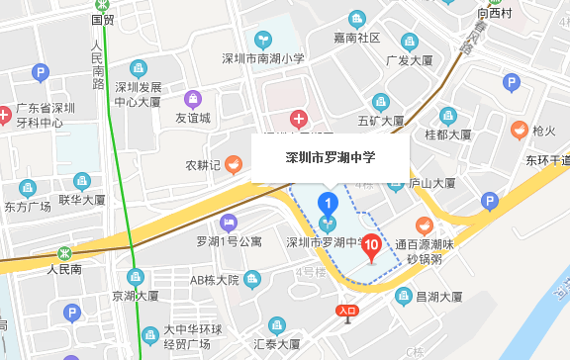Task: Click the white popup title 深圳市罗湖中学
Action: click(331, 158)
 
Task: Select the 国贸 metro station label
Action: click(103, 19)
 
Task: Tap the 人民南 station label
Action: click(68, 268)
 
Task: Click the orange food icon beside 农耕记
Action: click(233, 164)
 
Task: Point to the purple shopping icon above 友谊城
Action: click(192, 99)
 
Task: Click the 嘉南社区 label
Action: click(357, 38)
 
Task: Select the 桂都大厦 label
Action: click(447, 134)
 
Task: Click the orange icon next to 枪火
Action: click(519, 130)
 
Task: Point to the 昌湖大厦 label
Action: click(438, 296)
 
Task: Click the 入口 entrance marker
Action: click(346, 312)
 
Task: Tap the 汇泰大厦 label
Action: click(277, 344)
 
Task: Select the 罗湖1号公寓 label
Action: click(229, 241)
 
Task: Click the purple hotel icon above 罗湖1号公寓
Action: click(230, 222)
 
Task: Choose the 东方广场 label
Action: click(27, 207)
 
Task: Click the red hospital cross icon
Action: click(298, 121)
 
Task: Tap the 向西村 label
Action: click(493, 13)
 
